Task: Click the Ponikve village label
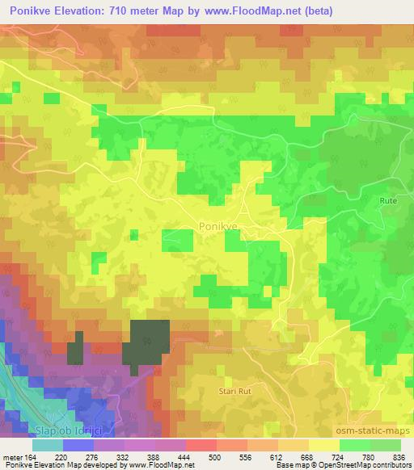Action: pyautogui.click(x=218, y=228)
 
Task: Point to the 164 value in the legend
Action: pyautogui.click(x=30, y=456)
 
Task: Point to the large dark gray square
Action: pyautogui.click(x=146, y=344)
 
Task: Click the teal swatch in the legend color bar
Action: pyautogui.click(x=47, y=445)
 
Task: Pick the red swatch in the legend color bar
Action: pyautogui.click(x=201, y=445)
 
